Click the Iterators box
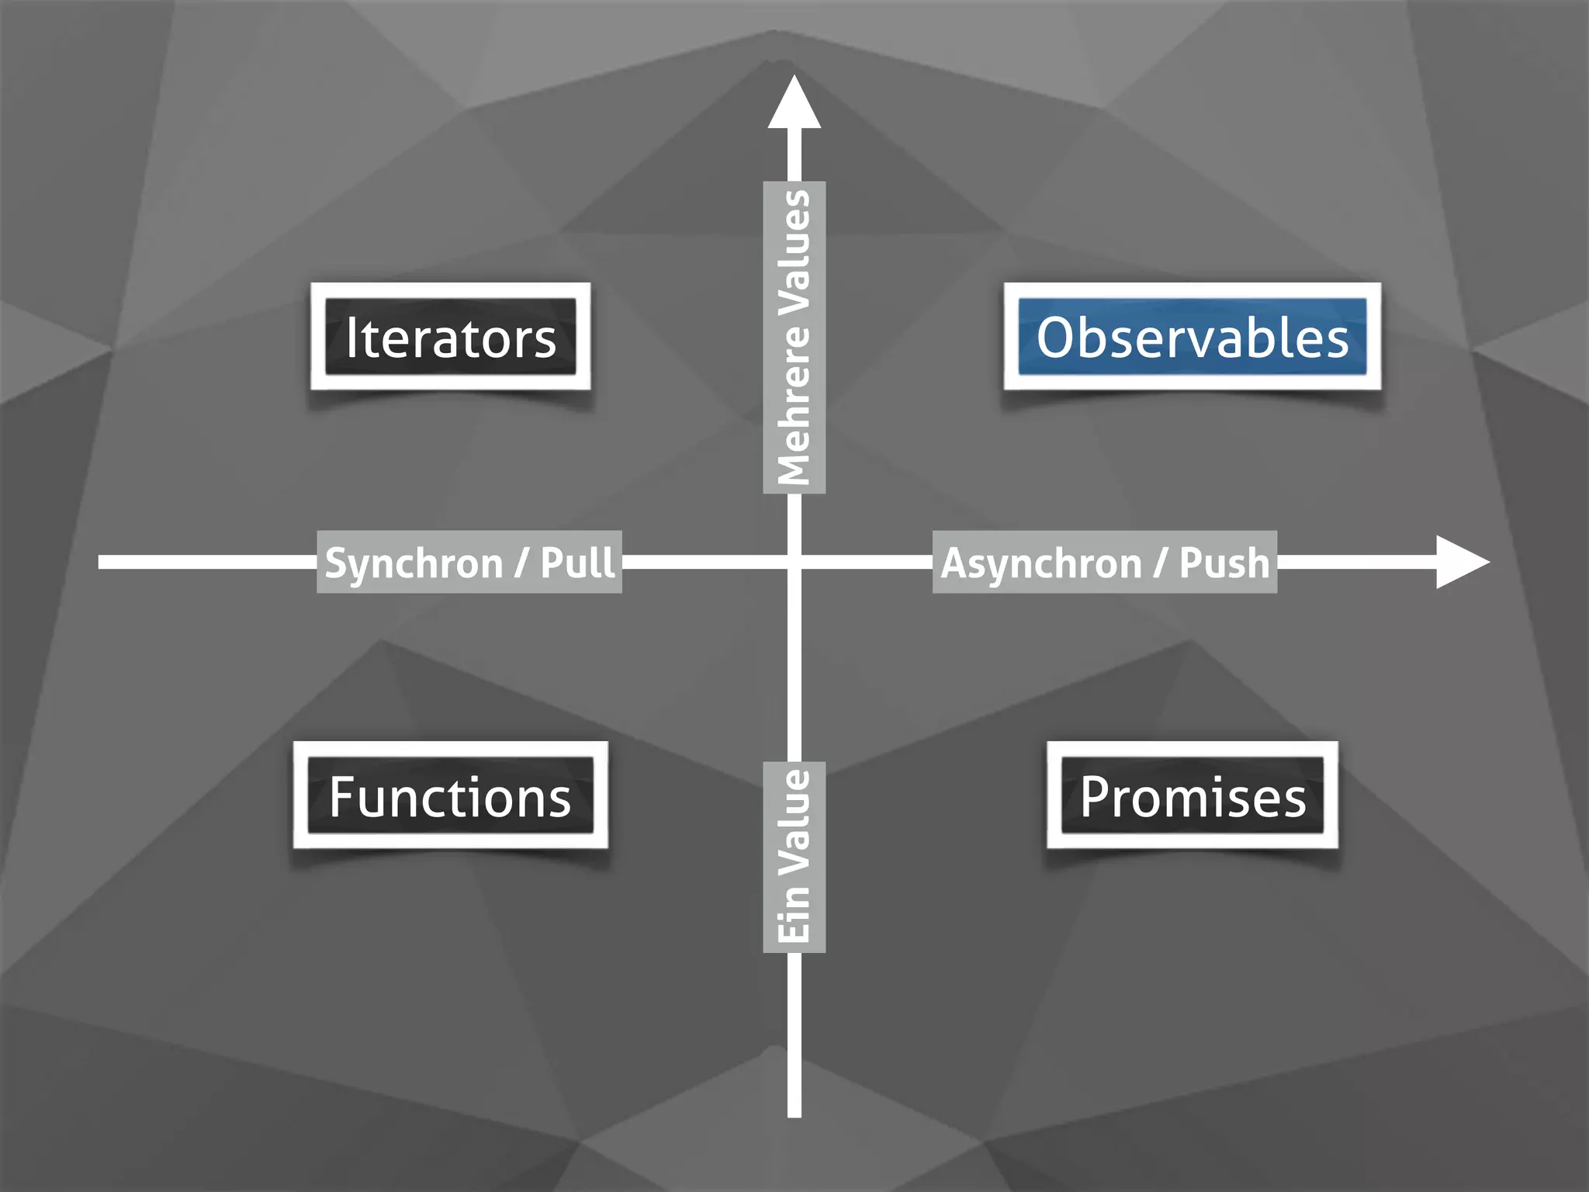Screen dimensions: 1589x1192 (450, 337)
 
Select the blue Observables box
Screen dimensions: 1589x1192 (1192, 337)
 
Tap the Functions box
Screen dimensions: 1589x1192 (450, 796)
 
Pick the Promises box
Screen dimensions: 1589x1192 (1193, 796)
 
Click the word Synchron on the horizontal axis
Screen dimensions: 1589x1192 (414, 563)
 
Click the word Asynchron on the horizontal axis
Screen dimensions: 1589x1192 (1041, 563)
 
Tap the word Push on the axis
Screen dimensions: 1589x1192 (1224, 562)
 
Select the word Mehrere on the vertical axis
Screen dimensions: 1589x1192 (794, 404)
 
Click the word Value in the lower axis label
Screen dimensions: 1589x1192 (794, 823)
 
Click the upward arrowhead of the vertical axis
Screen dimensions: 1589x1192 (794, 105)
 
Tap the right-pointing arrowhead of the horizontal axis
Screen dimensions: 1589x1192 (1460, 562)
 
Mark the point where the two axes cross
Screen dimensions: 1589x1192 (794, 562)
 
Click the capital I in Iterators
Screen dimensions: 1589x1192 (351, 337)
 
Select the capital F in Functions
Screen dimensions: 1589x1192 (342, 796)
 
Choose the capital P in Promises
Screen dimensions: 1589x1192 (1097, 796)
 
